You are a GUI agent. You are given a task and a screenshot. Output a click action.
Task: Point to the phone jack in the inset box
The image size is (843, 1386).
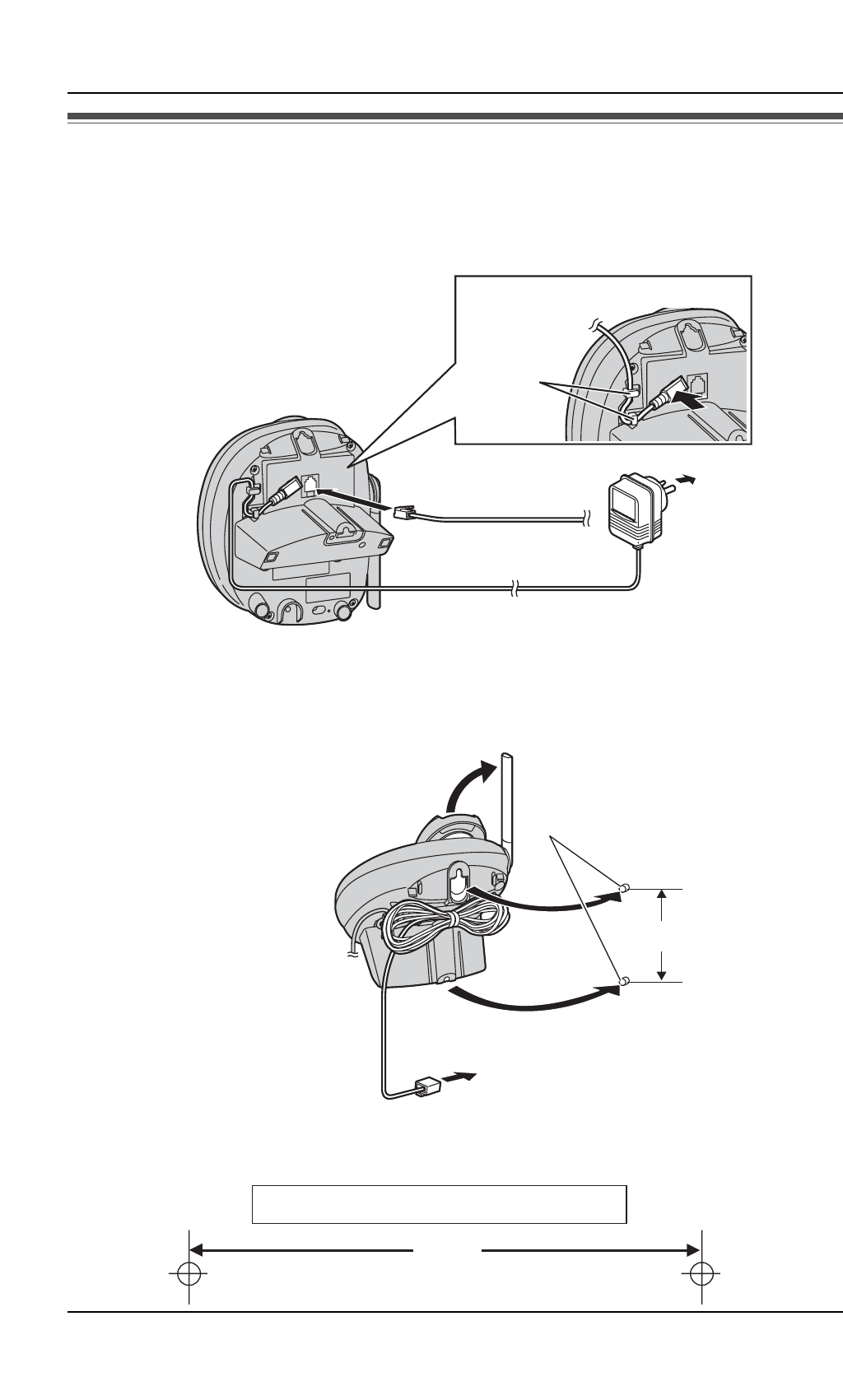(697, 384)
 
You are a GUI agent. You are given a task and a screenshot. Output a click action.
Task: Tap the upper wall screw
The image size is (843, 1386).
(626, 888)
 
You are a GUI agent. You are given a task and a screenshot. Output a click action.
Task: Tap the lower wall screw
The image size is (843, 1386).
(626, 980)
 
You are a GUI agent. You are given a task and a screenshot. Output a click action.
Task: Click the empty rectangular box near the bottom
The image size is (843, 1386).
(439, 1204)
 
